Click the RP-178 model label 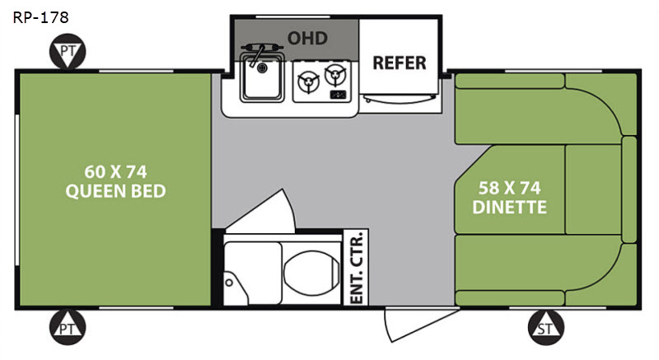click(x=40, y=17)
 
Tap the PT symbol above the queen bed click(x=68, y=52)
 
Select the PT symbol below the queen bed click(x=68, y=327)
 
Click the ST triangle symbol click(x=545, y=327)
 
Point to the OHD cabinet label click(x=307, y=38)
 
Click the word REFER click(x=400, y=63)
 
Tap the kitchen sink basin click(x=262, y=77)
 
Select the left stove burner click(x=308, y=82)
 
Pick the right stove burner click(x=335, y=75)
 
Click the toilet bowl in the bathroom click(x=311, y=272)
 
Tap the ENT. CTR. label click(x=356, y=267)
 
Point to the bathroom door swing click(x=261, y=211)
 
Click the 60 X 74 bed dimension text click(x=115, y=172)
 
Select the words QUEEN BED click(x=115, y=191)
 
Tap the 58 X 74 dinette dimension click(x=509, y=188)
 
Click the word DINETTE click(x=509, y=207)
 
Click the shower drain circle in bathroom click(x=229, y=283)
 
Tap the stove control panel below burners click(x=339, y=95)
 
